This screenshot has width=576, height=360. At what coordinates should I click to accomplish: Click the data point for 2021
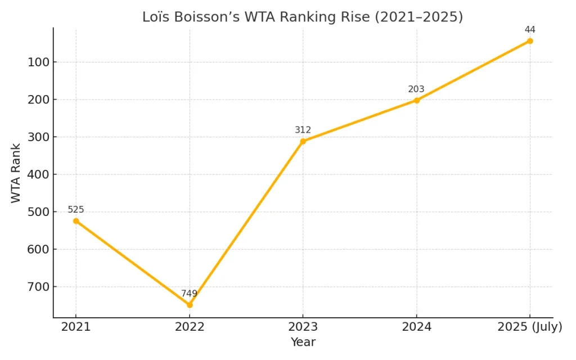76,221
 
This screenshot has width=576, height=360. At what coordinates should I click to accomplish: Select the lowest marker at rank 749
190,305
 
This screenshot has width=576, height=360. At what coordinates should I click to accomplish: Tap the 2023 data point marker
303,141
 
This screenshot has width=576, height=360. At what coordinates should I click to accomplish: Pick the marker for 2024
417,100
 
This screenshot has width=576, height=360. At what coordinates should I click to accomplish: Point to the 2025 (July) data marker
530,41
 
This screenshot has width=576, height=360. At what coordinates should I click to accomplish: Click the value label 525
76,210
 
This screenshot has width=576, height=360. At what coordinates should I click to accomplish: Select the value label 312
303,130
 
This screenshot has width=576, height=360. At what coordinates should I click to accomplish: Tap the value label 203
416,89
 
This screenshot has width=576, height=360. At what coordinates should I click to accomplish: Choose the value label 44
530,29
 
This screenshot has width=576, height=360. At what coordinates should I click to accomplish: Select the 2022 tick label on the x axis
190,327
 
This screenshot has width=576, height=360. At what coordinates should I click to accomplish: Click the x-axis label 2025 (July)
530,327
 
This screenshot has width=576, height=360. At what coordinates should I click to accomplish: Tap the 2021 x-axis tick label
76,327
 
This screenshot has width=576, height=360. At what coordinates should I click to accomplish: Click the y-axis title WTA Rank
16,173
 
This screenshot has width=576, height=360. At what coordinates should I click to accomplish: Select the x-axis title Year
303,342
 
